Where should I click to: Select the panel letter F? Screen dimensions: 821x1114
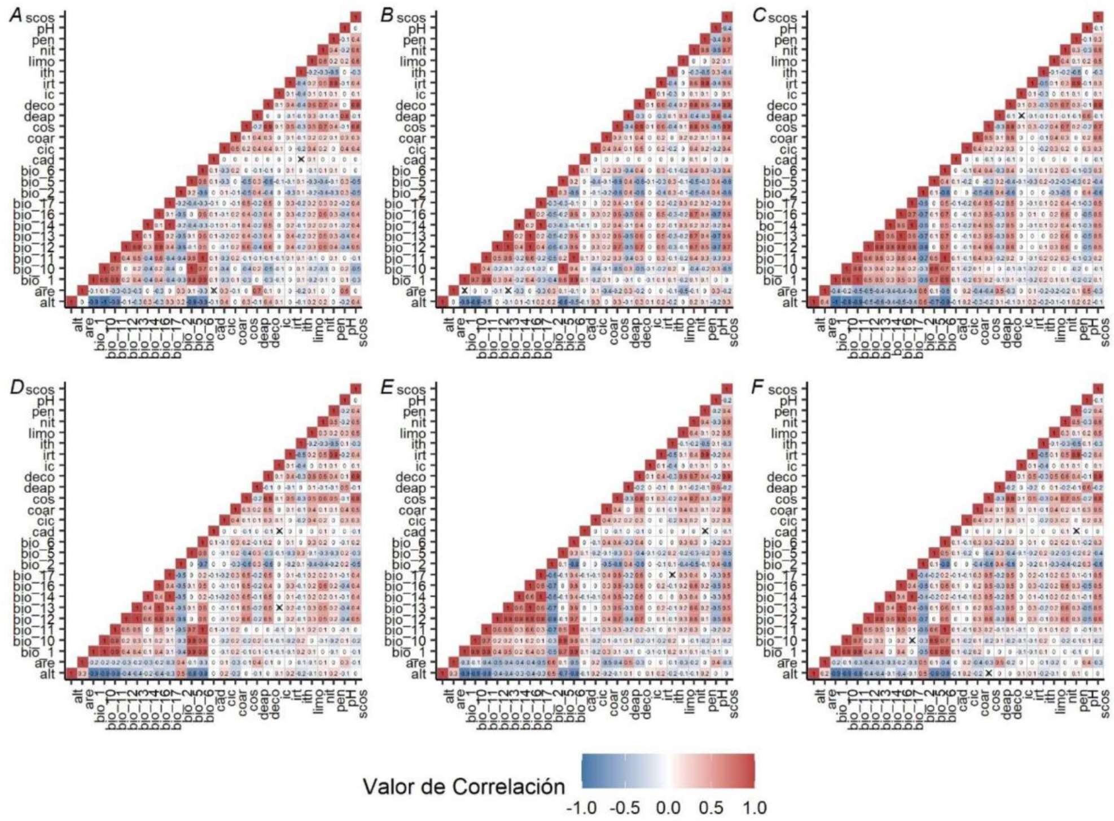click(760, 389)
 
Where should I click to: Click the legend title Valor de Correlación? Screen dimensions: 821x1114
click(464, 787)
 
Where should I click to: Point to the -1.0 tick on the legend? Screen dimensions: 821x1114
click(581, 808)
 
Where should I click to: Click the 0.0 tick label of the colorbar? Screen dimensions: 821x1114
click(668, 808)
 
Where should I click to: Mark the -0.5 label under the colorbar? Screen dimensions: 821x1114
click(625, 808)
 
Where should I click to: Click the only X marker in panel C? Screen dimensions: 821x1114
click(1021, 116)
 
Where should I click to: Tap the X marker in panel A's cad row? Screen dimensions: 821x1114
click(301, 160)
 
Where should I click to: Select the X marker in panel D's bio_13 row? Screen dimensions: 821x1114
click(279, 608)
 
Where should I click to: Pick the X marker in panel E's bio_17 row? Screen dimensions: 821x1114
click(672, 575)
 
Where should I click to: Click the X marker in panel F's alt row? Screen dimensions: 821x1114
click(988, 673)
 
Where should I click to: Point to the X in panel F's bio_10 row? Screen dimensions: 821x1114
click(911, 640)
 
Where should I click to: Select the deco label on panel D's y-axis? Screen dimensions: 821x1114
click(41, 477)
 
